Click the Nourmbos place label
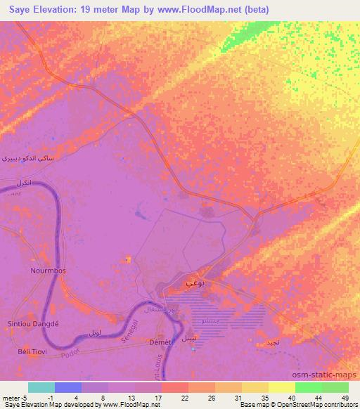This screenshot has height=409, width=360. click(48, 269)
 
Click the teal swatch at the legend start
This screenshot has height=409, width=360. click(41, 387)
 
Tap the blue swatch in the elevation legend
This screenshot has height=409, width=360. click(68, 387)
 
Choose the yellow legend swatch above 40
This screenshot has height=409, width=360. click(282, 387)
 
